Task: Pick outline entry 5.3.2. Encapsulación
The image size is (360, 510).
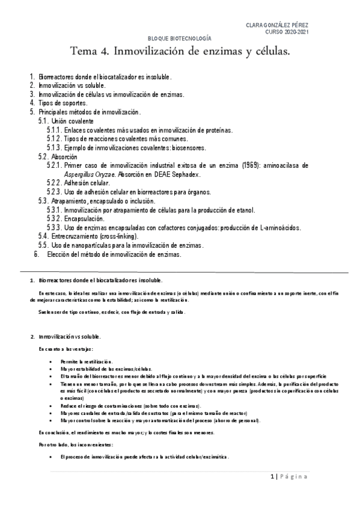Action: click(x=75, y=219)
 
